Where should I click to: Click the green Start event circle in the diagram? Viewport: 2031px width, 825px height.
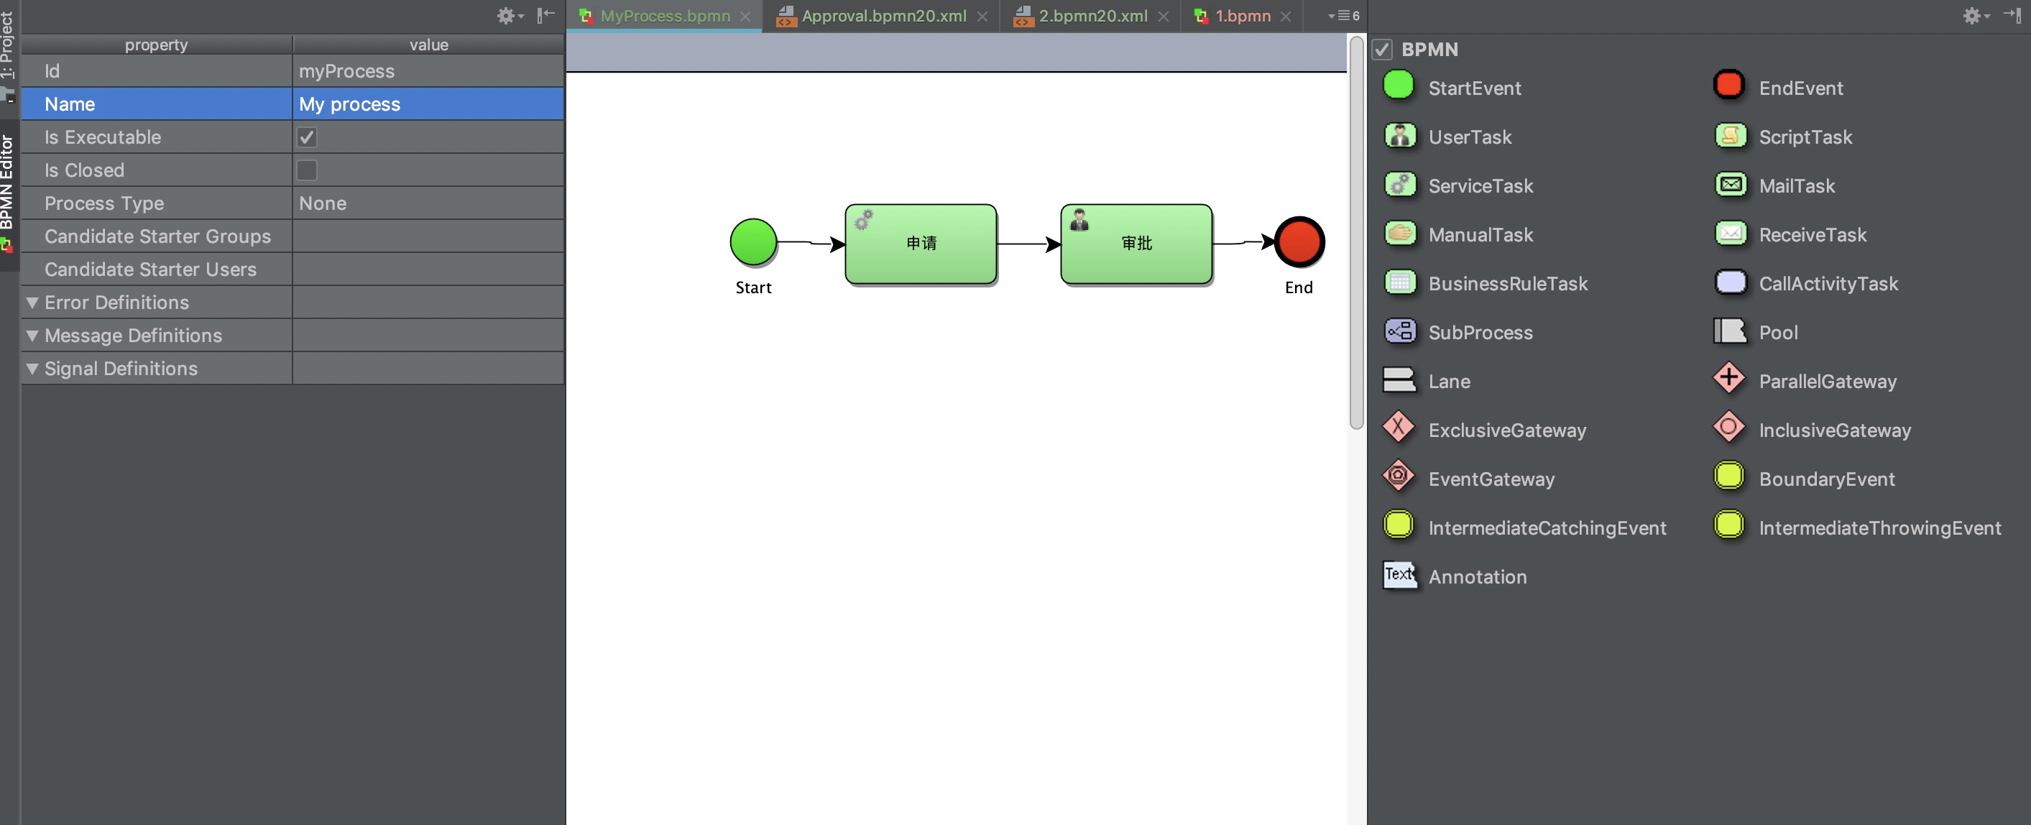pos(753,241)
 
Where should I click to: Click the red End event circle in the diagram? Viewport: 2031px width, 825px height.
pos(1299,241)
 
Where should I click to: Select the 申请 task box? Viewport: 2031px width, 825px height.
pos(920,244)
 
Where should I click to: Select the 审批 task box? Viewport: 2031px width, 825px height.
pos(1136,244)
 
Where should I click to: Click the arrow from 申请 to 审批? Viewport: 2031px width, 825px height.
pos(1028,244)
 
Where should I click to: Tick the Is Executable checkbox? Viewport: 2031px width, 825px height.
pos(307,137)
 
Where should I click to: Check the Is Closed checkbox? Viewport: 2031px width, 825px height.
pos(307,170)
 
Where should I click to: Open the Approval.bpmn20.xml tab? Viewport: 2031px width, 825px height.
pos(883,16)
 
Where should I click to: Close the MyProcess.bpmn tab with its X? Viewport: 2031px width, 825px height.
pos(745,16)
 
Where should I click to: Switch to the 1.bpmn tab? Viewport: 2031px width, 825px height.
pos(1242,16)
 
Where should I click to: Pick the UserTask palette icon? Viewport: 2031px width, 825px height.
pos(1399,137)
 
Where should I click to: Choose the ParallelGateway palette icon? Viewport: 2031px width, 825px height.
pos(1728,379)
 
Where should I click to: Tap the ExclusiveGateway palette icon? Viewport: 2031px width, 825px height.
pos(1398,428)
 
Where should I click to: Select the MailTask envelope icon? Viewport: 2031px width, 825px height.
pos(1730,185)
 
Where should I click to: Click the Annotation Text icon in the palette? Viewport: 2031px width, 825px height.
pos(1399,575)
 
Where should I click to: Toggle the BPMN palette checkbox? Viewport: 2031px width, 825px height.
pos(1381,50)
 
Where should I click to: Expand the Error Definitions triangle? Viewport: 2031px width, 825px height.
pos(32,302)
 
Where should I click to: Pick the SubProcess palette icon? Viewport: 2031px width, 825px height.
pos(1399,331)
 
